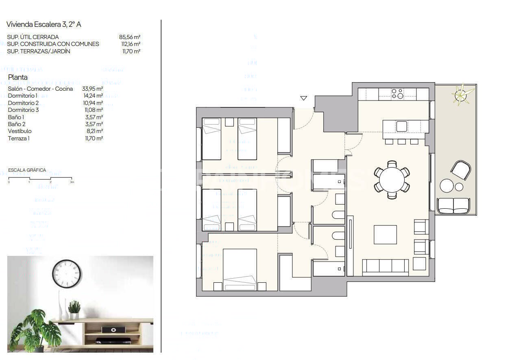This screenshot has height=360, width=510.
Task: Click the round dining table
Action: point(392,179)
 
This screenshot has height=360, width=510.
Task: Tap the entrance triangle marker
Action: point(303,98)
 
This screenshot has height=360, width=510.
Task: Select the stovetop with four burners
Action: point(397,94)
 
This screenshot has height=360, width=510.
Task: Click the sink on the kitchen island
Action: point(401,127)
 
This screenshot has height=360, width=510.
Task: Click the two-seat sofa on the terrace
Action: point(452,206)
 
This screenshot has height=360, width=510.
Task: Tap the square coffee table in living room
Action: point(385,235)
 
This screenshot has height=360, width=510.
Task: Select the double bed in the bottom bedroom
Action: point(240,270)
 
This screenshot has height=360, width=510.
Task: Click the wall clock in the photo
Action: point(66,274)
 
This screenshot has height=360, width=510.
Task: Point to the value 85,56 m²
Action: point(130,37)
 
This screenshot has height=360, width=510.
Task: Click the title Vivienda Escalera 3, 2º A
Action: point(44,24)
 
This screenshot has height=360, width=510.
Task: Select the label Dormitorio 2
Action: point(23,103)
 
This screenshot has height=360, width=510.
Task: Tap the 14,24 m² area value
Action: point(92,96)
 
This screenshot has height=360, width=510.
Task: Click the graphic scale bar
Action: point(40,178)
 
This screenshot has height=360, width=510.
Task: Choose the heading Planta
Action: point(18,77)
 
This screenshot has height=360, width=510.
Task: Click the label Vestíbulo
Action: point(20,131)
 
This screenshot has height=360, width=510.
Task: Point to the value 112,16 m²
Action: point(130,44)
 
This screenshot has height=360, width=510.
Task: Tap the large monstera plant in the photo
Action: point(35,328)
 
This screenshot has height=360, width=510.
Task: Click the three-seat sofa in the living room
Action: point(385,266)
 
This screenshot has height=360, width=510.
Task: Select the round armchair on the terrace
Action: point(461,170)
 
